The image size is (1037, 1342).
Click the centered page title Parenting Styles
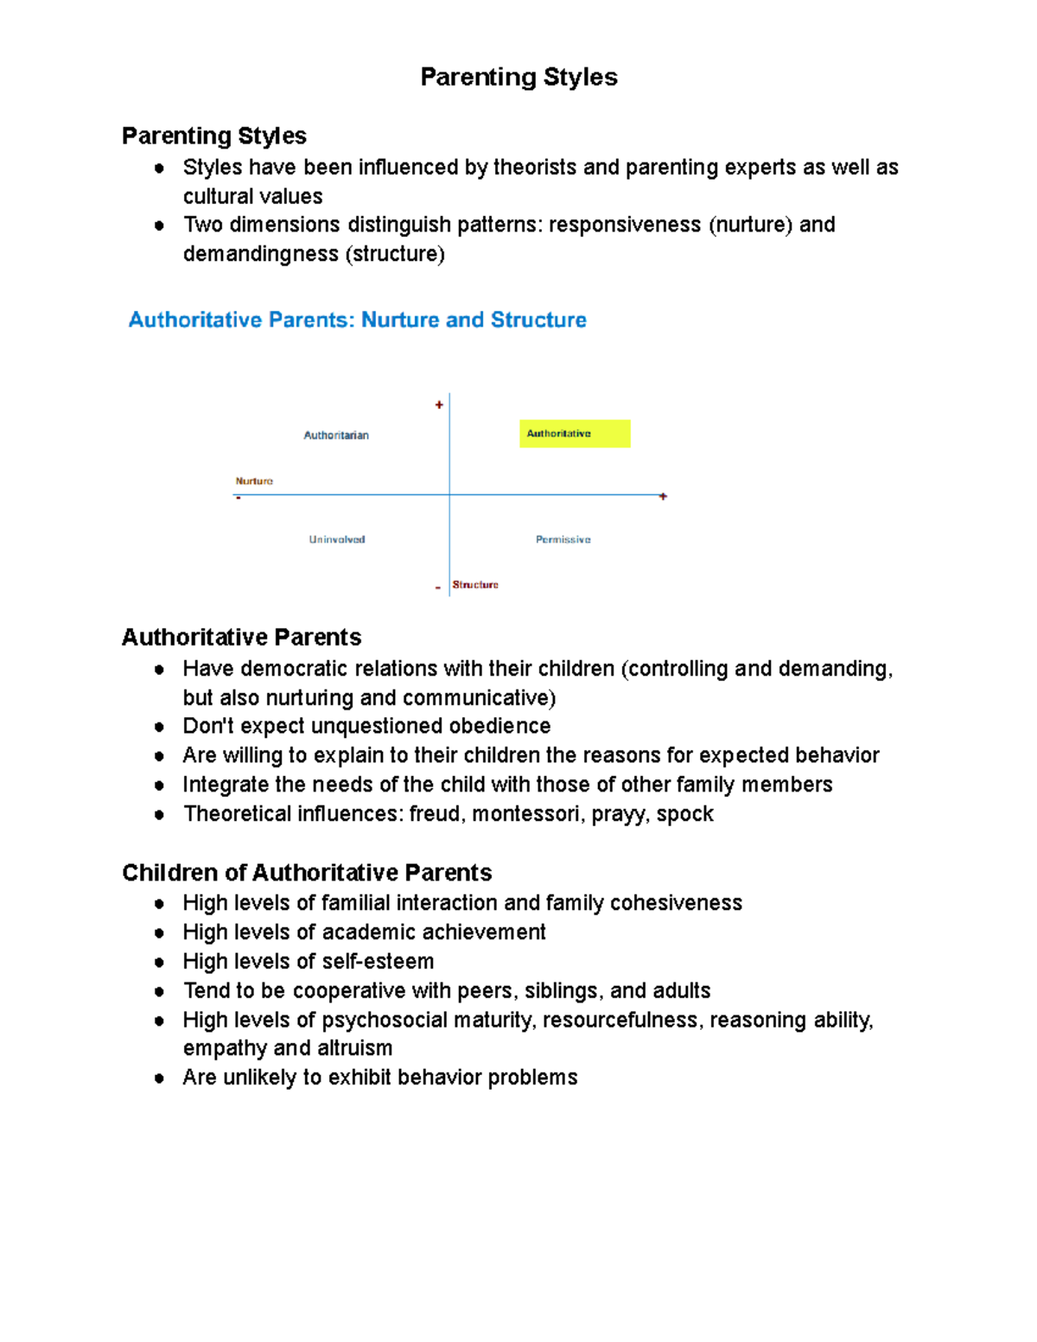click(x=518, y=77)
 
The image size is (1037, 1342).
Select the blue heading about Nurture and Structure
click(x=357, y=320)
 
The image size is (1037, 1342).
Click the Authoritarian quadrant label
click(x=336, y=436)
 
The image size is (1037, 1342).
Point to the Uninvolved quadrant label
click(x=337, y=539)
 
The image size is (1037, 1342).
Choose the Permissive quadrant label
click(x=563, y=539)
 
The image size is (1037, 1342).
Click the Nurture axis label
click(x=254, y=481)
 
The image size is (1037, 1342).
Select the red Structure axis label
click(x=475, y=585)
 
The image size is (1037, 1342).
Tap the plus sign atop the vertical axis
click(x=439, y=404)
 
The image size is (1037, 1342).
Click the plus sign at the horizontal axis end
click(x=663, y=496)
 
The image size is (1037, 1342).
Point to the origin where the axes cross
click(x=449, y=495)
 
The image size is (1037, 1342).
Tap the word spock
click(x=684, y=814)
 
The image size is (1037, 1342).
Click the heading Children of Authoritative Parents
click(x=307, y=873)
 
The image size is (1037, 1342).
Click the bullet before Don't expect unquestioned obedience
click(x=159, y=727)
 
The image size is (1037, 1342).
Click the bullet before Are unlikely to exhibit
click(x=159, y=1078)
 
